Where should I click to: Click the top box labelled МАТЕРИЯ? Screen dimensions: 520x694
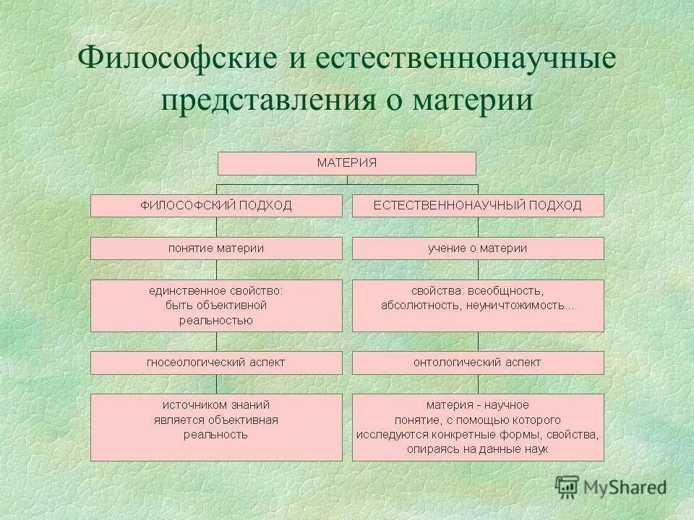pos(347,163)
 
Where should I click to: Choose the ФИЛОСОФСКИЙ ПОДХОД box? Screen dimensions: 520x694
pos(216,206)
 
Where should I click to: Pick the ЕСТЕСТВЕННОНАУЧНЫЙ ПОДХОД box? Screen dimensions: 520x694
pos(477,206)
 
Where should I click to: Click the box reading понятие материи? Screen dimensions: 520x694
pos(216,248)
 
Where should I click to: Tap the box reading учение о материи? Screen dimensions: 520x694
pos(477,248)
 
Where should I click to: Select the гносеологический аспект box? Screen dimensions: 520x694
pos(216,363)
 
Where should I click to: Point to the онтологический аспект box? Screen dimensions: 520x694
pos(477,363)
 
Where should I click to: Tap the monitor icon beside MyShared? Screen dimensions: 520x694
pos(567,487)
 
